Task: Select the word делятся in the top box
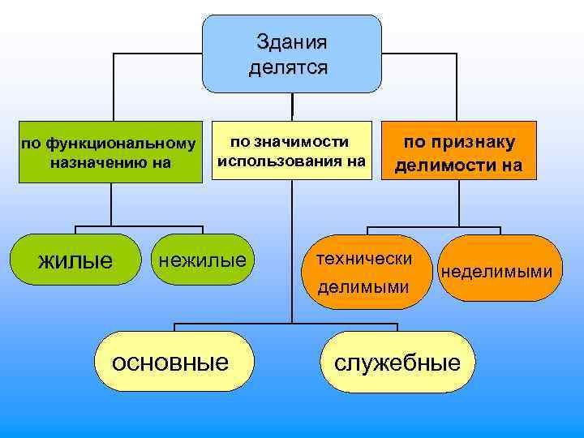pos(290,67)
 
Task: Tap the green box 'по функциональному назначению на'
pos(109,153)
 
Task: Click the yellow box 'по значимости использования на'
pos(290,152)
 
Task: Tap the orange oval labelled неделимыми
pos(496,268)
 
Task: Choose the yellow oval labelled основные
pos(170,361)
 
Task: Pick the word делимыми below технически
pos(363,286)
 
